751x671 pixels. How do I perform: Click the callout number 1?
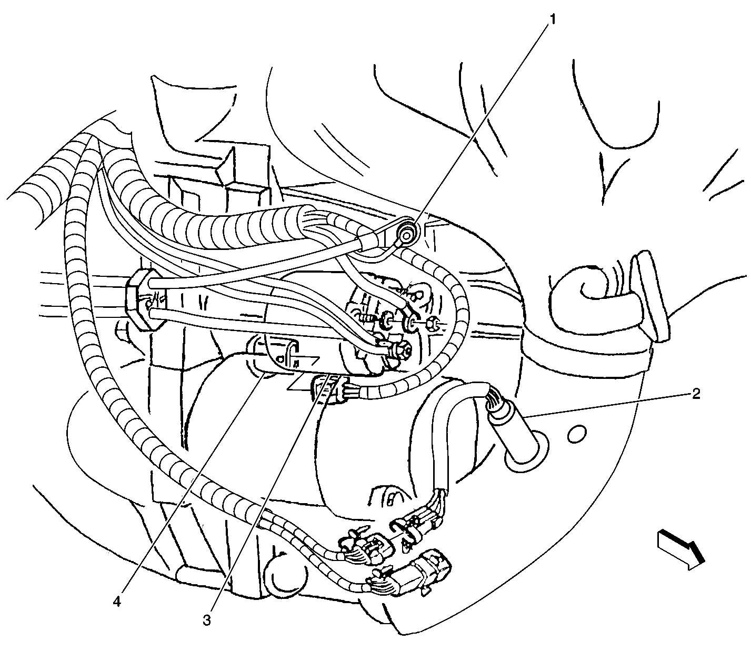coord(552,19)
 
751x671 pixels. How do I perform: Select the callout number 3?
coord(206,619)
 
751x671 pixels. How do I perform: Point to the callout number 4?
coord(117,602)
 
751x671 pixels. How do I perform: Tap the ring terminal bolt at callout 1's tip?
coord(407,233)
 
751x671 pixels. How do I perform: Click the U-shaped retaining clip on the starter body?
coord(289,355)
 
